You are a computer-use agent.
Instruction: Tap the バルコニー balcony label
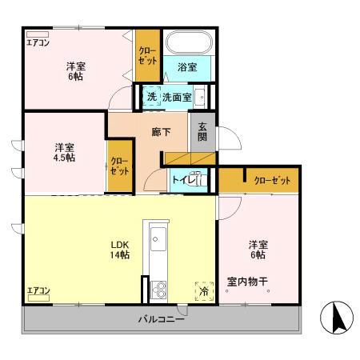point(162,319)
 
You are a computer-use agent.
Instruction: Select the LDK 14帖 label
point(121,249)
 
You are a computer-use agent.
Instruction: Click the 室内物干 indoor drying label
point(248,280)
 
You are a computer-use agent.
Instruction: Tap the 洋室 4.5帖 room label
point(65,152)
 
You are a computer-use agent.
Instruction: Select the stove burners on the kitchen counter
point(158,288)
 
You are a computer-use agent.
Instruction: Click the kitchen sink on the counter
point(158,238)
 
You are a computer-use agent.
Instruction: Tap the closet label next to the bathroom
point(147,54)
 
